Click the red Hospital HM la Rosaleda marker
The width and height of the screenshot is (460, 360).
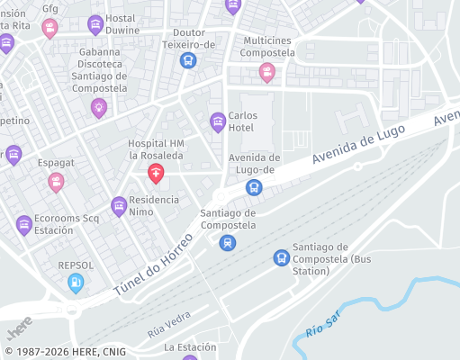click(156, 172)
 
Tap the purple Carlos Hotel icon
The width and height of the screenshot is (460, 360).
click(217, 121)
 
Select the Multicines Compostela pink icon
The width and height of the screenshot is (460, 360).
click(266, 71)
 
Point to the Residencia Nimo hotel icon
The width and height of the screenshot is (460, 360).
click(119, 206)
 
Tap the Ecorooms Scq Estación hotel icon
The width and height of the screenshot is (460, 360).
click(24, 224)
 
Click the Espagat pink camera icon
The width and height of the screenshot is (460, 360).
click(56, 183)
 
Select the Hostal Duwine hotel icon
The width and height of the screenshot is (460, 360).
click(95, 25)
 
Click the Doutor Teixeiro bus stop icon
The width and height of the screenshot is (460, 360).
click(188, 60)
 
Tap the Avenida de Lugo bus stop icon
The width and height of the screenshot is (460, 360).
click(254, 188)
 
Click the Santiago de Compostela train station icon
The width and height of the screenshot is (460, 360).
click(228, 242)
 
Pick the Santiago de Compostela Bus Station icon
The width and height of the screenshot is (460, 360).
click(282, 257)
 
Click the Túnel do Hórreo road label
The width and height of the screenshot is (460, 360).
click(154, 267)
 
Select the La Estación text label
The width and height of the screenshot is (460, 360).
click(190, 346)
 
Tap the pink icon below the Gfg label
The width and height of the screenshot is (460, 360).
click(50, 28)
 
